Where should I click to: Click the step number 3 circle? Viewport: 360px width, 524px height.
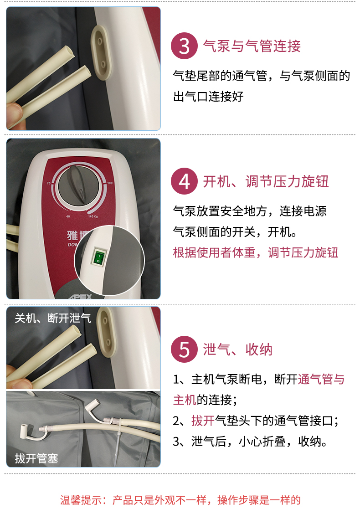click(184, 46)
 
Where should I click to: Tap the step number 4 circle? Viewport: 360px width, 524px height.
click(184, 181)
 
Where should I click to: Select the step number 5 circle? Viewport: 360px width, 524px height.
click(184, 349)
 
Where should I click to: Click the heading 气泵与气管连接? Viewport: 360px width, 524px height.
click(252, 46)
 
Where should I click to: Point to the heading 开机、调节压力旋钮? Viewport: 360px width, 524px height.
click(266, 181)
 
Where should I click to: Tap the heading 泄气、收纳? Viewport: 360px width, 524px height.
click(238, 349)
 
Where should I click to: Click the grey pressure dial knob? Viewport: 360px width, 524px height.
click(79, 185)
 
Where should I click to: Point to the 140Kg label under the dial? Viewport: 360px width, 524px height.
click(93, 216)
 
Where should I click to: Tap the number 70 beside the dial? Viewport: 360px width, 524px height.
click(49, 183)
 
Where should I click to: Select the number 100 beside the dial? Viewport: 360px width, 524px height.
click(110, 183)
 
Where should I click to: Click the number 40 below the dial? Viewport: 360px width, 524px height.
click(68, 216)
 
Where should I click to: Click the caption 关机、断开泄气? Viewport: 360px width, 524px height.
click(53, 318)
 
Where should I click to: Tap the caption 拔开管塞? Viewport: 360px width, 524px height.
click(36, 458)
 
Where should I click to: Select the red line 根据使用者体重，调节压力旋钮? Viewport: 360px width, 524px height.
click(256, 252)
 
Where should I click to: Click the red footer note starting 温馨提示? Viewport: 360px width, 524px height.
click(180, 500)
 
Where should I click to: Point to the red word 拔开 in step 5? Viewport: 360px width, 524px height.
click(203, 421)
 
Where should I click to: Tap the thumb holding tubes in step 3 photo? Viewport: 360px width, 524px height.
click(13, 113)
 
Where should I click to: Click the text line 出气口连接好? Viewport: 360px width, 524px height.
click(208, 97)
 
